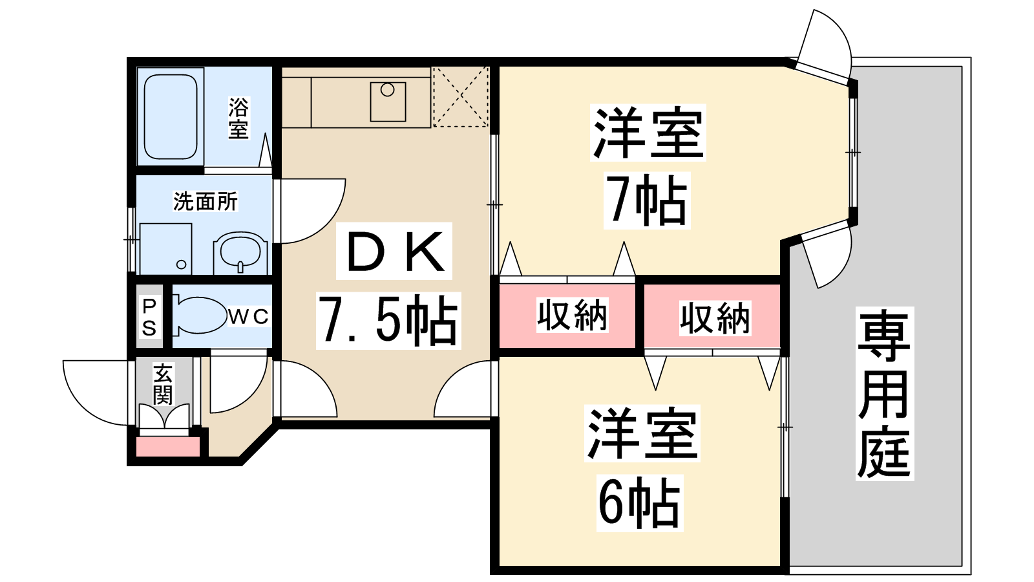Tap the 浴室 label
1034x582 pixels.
coord(238,118)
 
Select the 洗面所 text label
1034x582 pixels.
coord(206,201)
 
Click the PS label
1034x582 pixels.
coord(149,317)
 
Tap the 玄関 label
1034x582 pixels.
coord(162,384)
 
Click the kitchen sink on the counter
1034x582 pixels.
coord(388,102)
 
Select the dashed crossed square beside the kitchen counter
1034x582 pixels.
coord(461,96)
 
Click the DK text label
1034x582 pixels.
coord(394,251)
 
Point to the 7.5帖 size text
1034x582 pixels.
coord(388,321)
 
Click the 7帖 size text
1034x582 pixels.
coord(647,200)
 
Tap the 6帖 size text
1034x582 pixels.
coord(640,502)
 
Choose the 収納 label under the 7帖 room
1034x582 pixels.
coord(573,316)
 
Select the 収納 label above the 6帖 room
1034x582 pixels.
coord(715,318)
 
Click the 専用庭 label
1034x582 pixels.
coord(885,394)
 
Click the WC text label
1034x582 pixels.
coord(248,317)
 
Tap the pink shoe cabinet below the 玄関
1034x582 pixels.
coord(168,447)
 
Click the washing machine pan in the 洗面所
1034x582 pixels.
coord(165,248)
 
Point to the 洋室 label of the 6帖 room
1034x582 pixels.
coord(642,433)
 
